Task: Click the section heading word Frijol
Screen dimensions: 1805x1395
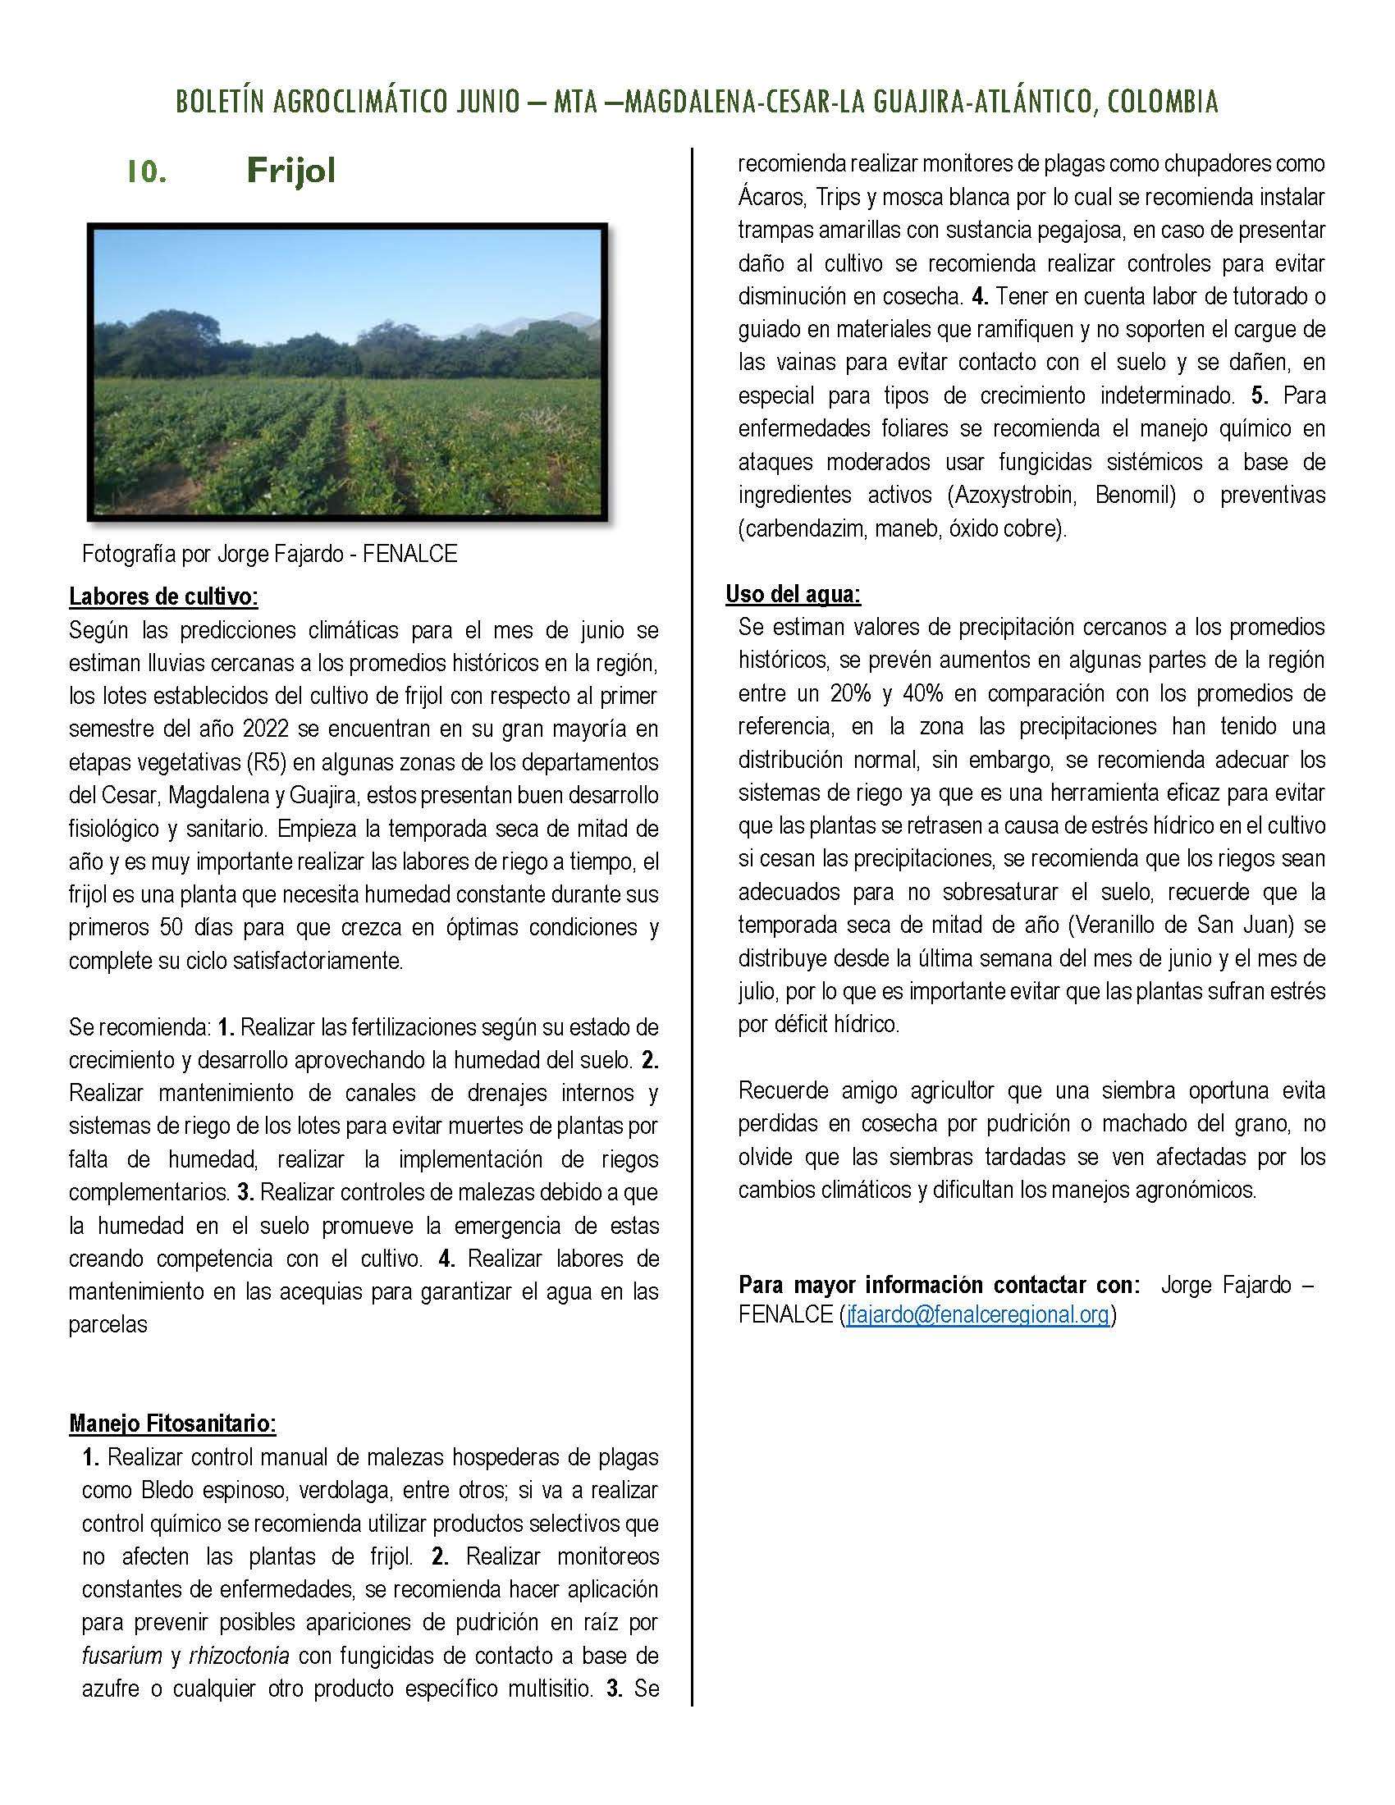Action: click(291, 171)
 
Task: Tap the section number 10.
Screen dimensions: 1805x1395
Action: click(147, 173)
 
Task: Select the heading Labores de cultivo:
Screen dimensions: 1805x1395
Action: click(162, 596)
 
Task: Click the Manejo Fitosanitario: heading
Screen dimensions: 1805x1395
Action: click(172, 1423)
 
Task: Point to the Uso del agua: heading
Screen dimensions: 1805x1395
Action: click(793, 593)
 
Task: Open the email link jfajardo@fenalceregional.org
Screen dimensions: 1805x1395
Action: click(976, 1314)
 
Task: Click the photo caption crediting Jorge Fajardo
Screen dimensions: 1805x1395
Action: click(269, 554)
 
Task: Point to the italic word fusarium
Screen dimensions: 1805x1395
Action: click(121, 1656)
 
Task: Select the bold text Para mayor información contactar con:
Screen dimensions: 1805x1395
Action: click(939, 1284)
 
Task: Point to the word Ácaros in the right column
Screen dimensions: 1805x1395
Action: click(768, 198)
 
